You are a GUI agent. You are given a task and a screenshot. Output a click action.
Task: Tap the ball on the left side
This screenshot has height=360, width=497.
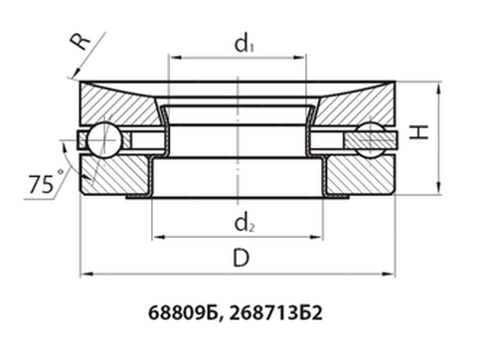100,139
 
